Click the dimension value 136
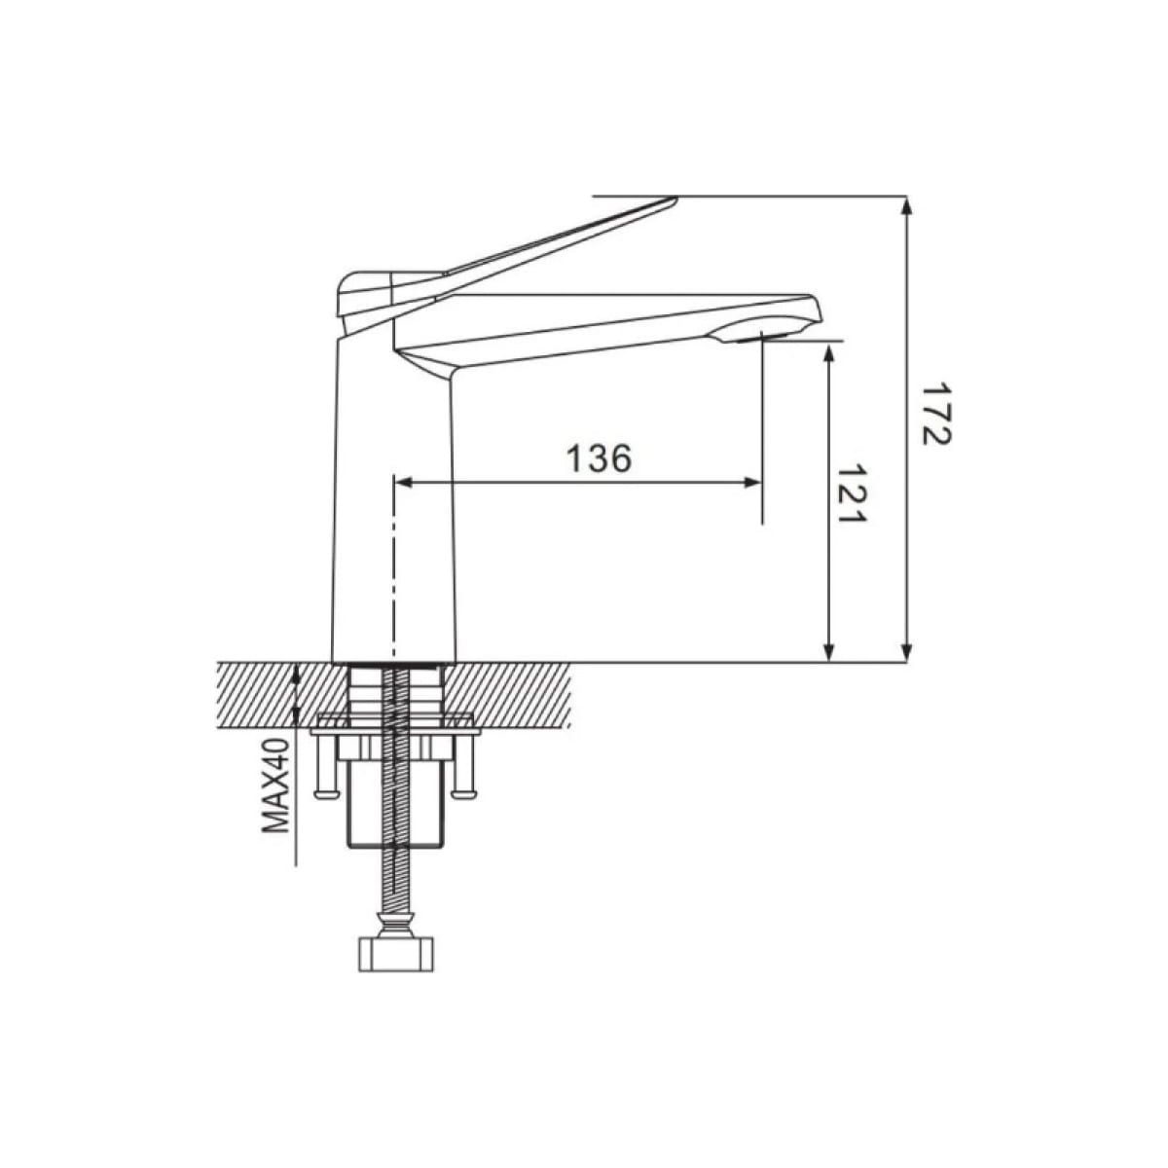pyautogui.click(x=599, y=458)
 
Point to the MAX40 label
pyautogui.click(x=275, y=785)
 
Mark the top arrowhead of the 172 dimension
pyautogui.click(x=906, y=206)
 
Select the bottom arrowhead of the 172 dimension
pyautogui.click(x=906, y=652)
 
